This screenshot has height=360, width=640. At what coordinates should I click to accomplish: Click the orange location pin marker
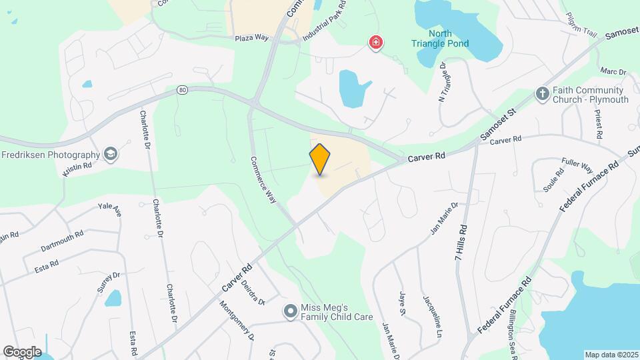click(320, 159)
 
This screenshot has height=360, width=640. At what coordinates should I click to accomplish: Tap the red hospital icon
click(376, 43)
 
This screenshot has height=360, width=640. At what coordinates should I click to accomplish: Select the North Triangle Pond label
click(440, 39)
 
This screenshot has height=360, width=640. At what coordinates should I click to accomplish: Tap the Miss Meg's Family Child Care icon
click(290, 311)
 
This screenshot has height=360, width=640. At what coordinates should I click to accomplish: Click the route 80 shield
click(182, 89)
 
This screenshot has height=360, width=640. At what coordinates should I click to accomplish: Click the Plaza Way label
click(251, 38)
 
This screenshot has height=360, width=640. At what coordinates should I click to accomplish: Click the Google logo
click(22, 351)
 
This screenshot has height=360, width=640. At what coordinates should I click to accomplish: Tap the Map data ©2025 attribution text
click(611, 355)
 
